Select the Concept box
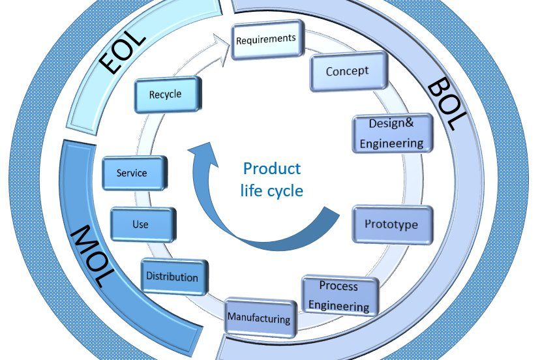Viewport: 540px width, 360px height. coord(348,71)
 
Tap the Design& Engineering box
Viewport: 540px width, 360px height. coord(392,133)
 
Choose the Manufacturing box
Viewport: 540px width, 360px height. coord(259,318)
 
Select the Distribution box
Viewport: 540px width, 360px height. coord(173,277)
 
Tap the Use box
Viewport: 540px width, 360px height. coord(141,224)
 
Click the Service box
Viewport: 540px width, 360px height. coord(132,173)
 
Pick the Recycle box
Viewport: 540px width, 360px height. coord(166,95)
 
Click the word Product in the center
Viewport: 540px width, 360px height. coord(271,169)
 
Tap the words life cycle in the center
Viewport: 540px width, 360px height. coord(271,191)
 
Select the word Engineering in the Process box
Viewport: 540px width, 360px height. coord(339,305)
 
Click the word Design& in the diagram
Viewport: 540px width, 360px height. coord(391,123)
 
